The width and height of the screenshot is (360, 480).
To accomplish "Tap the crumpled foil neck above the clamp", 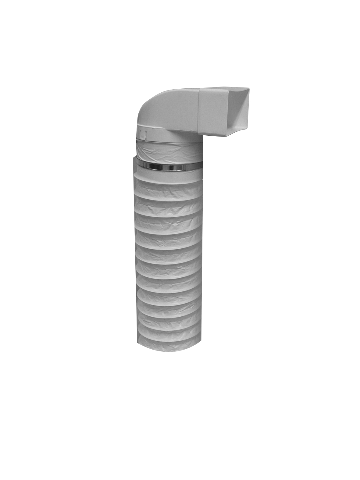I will point(168,152).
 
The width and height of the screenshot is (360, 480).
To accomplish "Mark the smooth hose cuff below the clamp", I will point(168,174).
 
